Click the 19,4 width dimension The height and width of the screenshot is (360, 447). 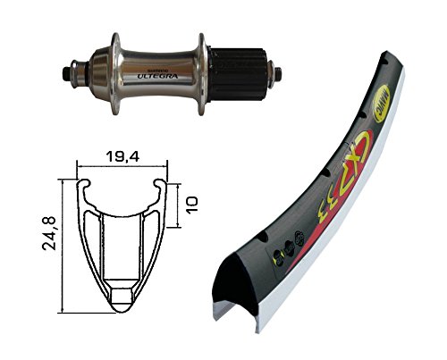(122, 157)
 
